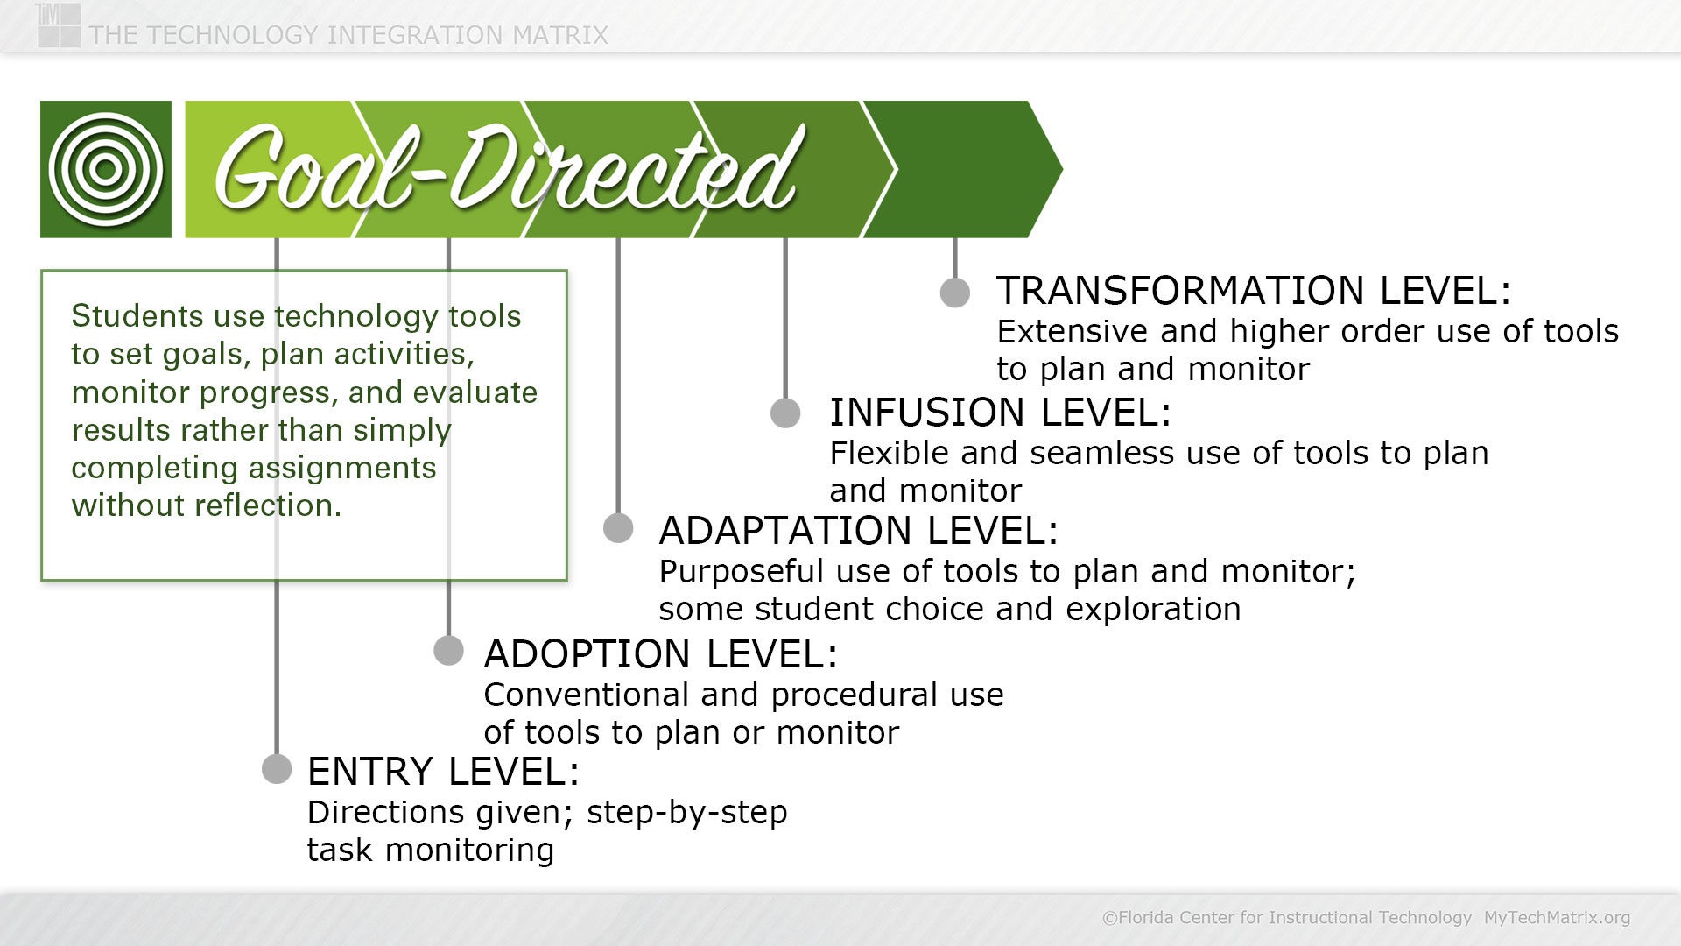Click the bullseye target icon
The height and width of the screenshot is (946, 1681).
point(106,169)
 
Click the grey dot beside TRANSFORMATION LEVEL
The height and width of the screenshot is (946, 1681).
point(955,293)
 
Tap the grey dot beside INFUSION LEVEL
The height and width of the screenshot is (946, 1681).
point(785,413)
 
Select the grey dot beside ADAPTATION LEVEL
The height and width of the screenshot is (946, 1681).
point(618,528)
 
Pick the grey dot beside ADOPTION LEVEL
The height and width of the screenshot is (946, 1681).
point(448,651)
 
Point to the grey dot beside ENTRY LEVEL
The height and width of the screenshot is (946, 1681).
point(277,769)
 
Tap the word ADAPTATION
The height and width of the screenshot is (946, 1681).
point(785,531)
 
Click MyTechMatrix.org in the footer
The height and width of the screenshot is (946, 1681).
point(1557,918)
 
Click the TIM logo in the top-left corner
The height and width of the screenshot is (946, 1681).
point(59,25)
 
